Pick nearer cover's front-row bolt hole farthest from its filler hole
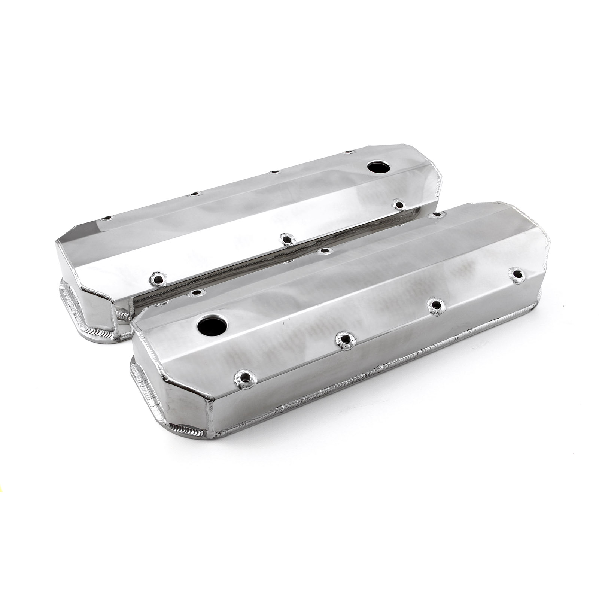(518, 273)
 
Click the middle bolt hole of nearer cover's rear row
(326, 250)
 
